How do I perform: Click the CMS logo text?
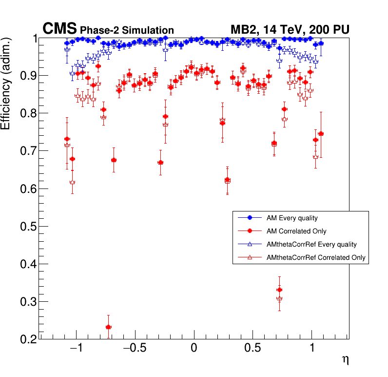[x=60, y=29]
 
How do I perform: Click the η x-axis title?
[x=345, y=360]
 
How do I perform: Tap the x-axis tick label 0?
[x=194, y=350]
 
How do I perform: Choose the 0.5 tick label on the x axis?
[x=253, y=350]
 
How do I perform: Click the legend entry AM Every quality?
[x=292, y=218]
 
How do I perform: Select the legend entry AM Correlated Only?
[x=296, y=231]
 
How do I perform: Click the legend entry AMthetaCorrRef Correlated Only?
[x=316, y=257]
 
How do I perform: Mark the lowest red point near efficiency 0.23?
[x=108, y=327]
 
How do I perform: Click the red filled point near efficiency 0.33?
[x=279, y=290]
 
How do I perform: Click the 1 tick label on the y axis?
[x=34, y=39]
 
